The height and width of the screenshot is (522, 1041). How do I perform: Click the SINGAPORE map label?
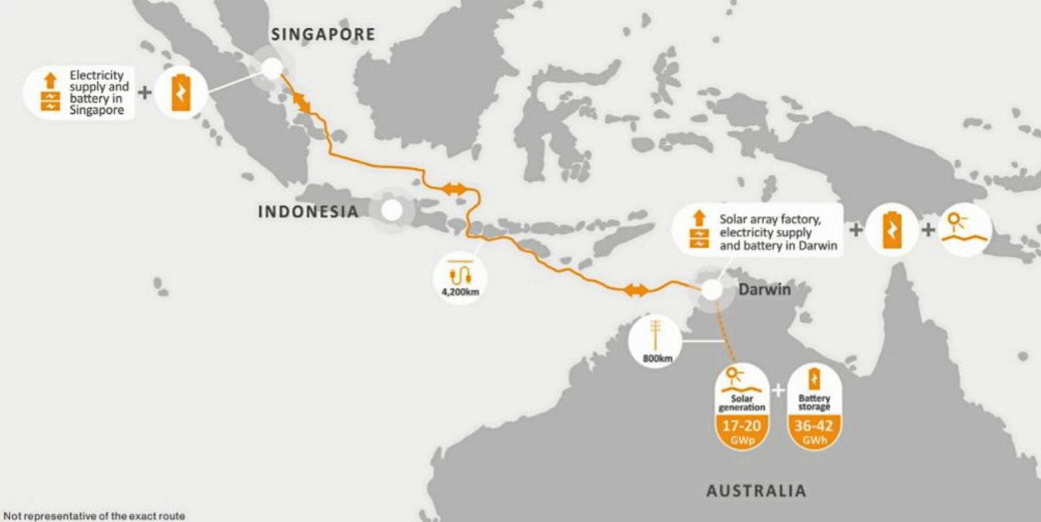click(323, 34)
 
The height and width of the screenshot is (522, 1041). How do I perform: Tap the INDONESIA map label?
click(308, 211)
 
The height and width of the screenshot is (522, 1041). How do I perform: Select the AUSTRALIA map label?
click(756, 490)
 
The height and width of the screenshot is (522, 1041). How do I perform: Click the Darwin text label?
click(764, 290)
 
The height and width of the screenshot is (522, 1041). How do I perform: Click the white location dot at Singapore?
click(272, 67)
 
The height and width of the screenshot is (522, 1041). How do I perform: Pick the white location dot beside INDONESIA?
click(391, 211)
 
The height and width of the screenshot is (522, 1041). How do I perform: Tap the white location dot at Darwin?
click(712, 290)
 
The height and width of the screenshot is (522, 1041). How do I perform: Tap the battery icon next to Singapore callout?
click(181, 93)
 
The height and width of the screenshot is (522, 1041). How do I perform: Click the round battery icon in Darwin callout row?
click(891, 230)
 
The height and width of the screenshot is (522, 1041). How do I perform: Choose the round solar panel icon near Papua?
click(965, 230)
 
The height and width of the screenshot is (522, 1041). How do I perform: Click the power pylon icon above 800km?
click(655, 335)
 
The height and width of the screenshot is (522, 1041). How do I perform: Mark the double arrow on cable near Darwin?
click(635, 290)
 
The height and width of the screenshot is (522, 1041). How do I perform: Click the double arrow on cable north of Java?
click(453, 191)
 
